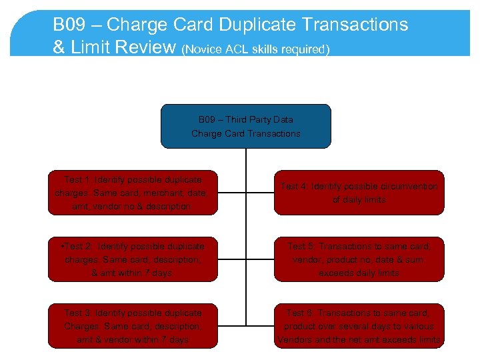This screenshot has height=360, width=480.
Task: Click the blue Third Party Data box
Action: coord(245,126)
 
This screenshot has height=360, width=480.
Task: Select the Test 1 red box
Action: coord(132,193)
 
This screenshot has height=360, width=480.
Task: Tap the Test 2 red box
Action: coord(132,259)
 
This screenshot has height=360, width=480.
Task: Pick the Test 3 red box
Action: coord(132,326)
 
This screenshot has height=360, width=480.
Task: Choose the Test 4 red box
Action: coord(359,193)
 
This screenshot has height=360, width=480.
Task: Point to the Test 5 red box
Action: coord(359,259)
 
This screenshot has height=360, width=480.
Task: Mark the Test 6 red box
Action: coord(359,326)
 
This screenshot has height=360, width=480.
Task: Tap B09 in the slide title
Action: coord(67,25)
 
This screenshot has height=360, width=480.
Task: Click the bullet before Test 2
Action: coord(61,247)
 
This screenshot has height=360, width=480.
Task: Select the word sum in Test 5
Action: coord(413,260)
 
